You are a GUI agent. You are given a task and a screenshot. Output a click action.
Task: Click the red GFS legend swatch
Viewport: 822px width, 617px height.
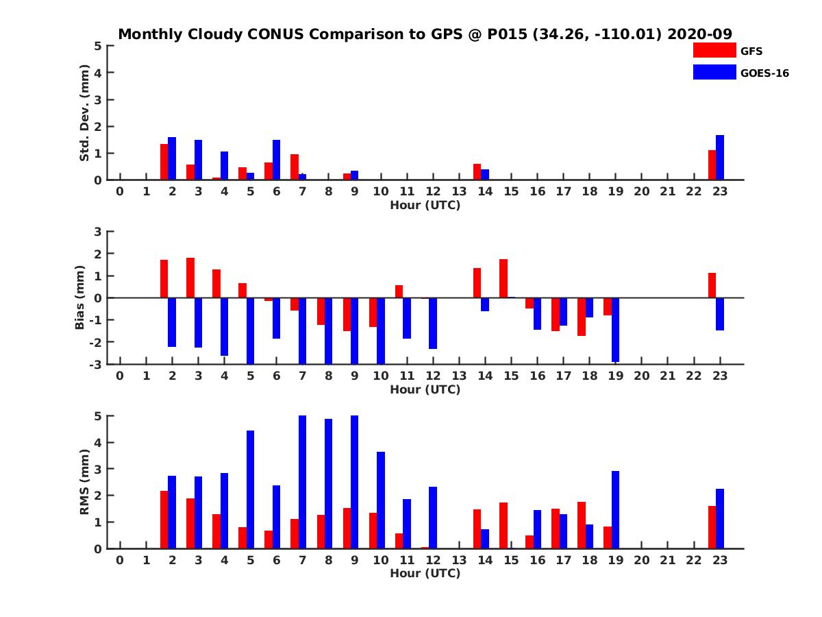click(714, 50)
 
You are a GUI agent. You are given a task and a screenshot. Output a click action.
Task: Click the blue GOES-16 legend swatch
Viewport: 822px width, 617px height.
click(714, 72)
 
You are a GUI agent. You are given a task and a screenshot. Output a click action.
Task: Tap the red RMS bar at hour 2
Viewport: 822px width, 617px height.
click(164, 520)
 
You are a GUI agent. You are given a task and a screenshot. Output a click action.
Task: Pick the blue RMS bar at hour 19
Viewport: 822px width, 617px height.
click(616, 509)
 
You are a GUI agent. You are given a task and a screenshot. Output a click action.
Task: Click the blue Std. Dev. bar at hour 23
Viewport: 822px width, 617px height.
click(720, 158)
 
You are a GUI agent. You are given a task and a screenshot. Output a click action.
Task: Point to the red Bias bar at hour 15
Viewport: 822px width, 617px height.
click(503, 278)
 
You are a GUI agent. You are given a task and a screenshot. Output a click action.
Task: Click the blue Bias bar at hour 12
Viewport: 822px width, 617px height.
click(433, 323)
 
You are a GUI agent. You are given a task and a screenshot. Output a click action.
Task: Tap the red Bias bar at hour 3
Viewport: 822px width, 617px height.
click(190, 278)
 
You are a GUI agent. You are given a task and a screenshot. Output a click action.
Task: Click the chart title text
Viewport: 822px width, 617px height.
click(425, 34)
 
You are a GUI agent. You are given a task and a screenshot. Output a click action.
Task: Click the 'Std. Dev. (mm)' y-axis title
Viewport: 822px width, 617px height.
click(85, 113)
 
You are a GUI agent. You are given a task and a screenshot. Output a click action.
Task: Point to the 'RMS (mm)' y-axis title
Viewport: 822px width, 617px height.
click(85, 482)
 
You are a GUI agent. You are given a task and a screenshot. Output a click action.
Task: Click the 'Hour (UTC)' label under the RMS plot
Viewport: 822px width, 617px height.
click(425, 573)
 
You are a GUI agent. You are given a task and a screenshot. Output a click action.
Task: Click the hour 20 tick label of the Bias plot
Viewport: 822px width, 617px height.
click(641, 376)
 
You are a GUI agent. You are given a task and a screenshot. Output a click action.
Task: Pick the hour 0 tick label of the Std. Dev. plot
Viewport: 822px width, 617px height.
click(120, 191)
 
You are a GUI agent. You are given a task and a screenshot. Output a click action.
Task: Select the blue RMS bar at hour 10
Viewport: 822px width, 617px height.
click(381, 500)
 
